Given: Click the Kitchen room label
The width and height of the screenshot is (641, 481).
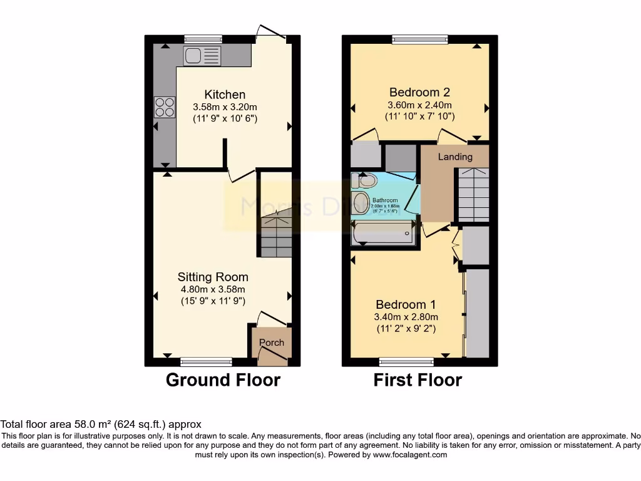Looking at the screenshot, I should [225, 95].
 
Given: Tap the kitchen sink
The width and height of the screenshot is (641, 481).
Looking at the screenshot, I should [202, 56].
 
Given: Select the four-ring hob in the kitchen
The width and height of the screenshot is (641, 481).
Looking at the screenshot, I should [165, 107].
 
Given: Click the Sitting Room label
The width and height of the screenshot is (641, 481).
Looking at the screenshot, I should [213, 277].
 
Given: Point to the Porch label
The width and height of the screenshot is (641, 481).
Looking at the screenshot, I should [272, 343].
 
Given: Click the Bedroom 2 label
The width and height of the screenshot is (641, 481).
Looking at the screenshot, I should [419, 91].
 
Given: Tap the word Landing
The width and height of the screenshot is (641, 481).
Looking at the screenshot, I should [454, 157].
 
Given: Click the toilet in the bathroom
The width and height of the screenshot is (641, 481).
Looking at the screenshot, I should [364, 181].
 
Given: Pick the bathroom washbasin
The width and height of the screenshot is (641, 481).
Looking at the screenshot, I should [360, 203].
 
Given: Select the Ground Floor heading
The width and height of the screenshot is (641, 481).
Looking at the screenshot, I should [223, 380].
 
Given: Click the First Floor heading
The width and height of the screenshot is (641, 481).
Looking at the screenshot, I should [418, 380].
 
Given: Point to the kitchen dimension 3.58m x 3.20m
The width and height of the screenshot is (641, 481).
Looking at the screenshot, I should [225, 107].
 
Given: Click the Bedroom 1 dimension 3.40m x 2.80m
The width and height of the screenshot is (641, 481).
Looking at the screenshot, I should [406, 317].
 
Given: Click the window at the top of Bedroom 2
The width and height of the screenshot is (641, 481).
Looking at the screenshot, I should [420, 39].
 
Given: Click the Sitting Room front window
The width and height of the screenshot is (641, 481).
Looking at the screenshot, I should [206, 361].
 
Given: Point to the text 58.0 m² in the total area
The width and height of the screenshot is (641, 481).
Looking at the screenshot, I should [79, 424].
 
